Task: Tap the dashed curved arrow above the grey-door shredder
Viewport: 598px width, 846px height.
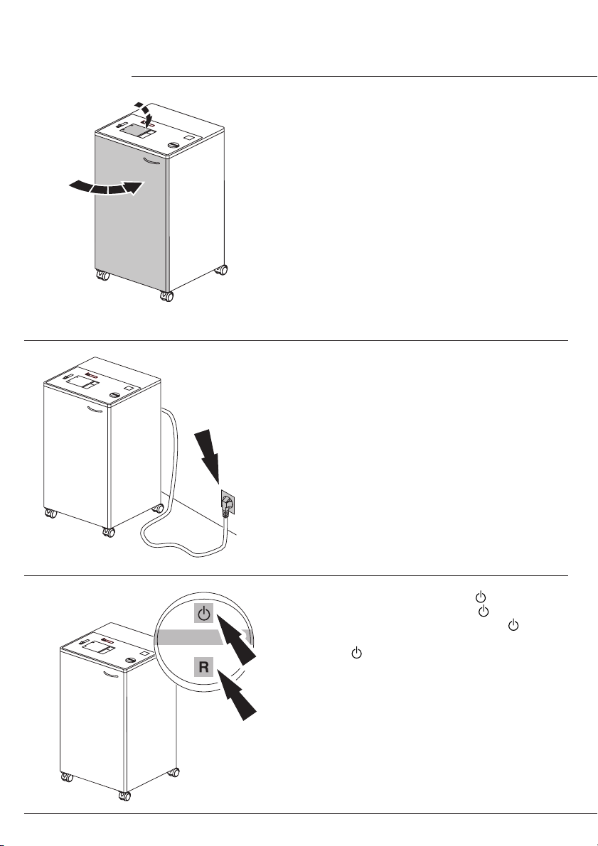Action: (146, 114)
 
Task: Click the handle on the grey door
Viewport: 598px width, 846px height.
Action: (151, 161)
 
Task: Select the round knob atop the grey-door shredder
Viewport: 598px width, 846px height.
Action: (173, 145)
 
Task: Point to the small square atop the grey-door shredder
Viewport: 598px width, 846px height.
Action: (188, 138)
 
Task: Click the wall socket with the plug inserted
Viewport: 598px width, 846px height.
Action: (228, 504)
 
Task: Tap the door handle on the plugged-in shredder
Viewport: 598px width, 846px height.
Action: (95, 410)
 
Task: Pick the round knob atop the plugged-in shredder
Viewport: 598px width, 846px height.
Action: (114, 395)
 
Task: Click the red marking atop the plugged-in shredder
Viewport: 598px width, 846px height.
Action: (90, 376)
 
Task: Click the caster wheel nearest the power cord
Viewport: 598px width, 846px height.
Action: (159, 509)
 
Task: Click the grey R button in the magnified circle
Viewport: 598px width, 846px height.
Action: (203, 667)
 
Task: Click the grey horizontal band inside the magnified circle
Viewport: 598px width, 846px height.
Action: (203, 637)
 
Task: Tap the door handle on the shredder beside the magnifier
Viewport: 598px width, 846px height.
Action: (111, 675)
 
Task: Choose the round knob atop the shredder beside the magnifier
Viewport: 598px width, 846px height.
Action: (130, 661)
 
